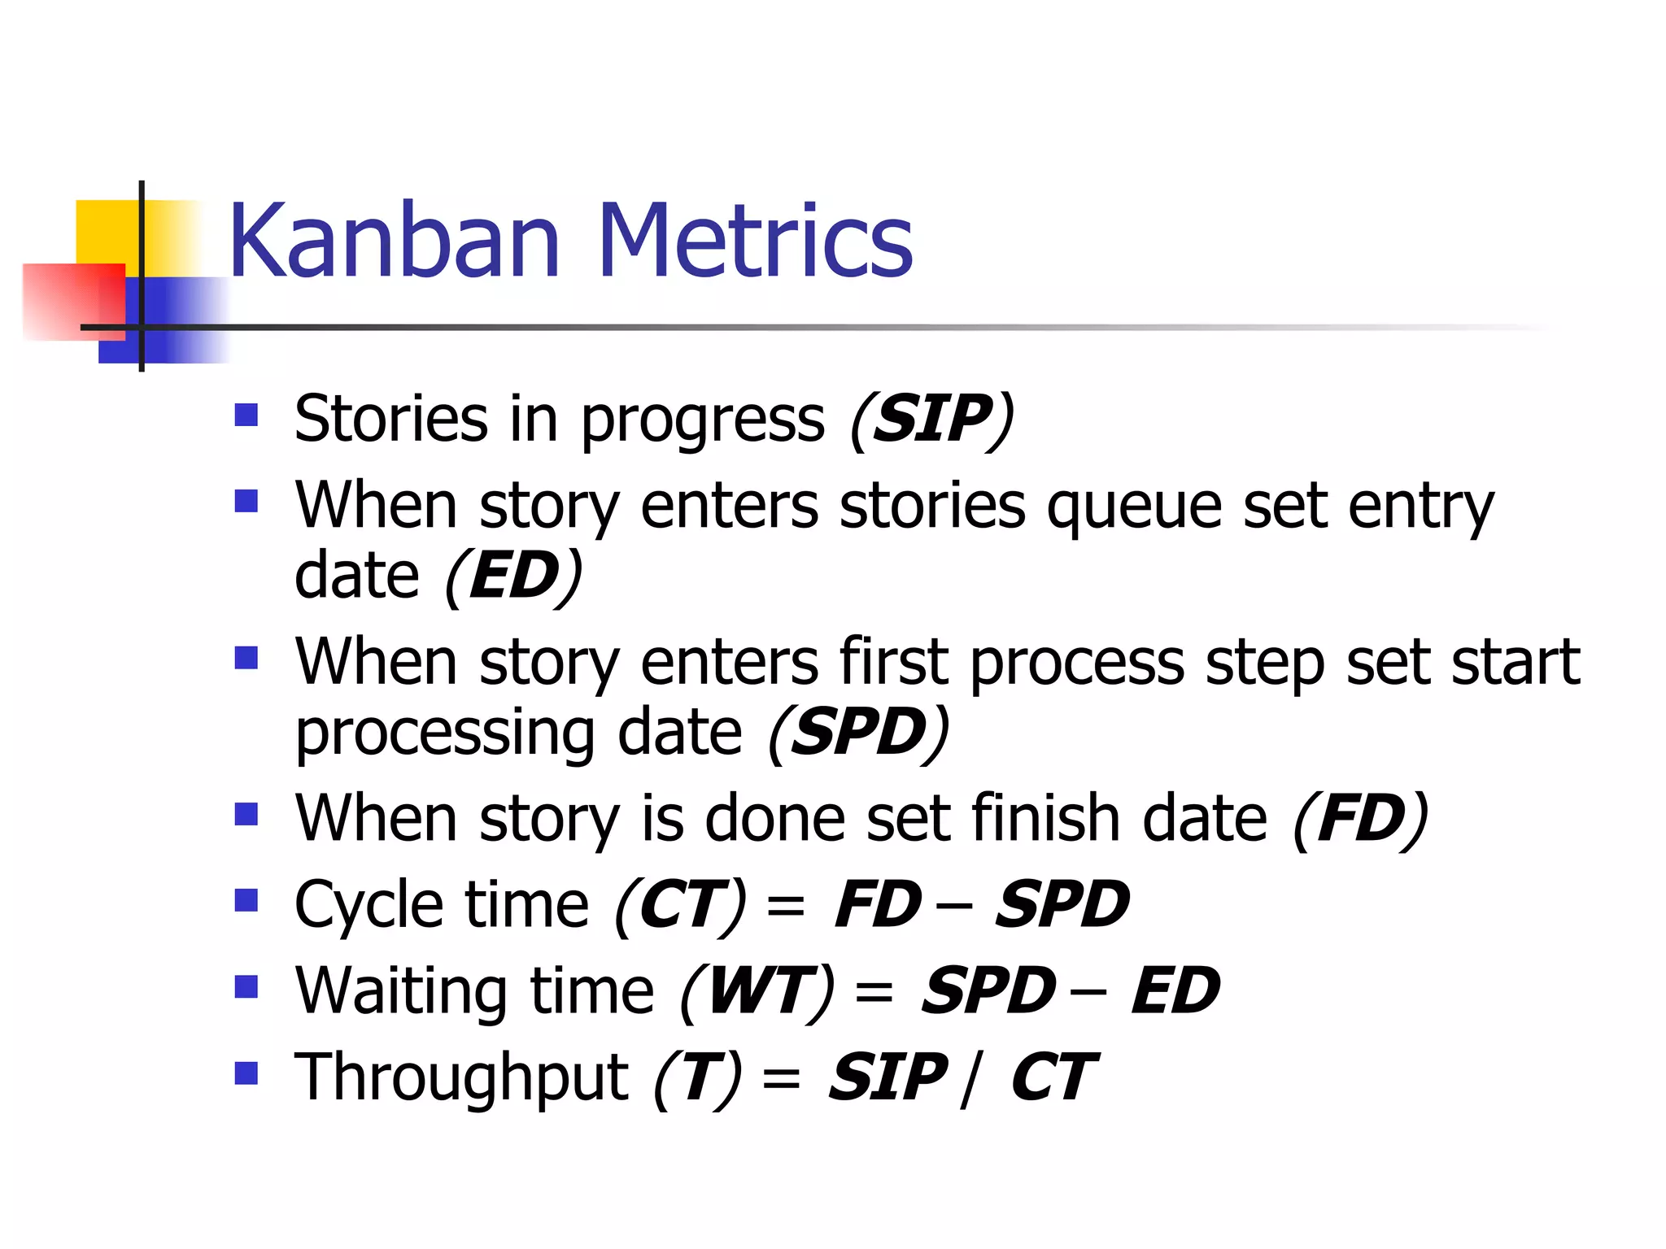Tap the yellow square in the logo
[x=106, y=231]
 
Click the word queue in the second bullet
[x=1134, y=507]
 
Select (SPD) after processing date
[x=858, y=733]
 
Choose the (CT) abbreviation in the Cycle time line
[x=680, y=905]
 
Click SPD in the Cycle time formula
[x=1062, y=905]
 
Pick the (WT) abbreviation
[x=757, y=992]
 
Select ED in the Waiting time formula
[x=1175, y=992]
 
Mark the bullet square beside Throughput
[x=246, y=1073]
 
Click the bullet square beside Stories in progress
[x=246, y=416]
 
